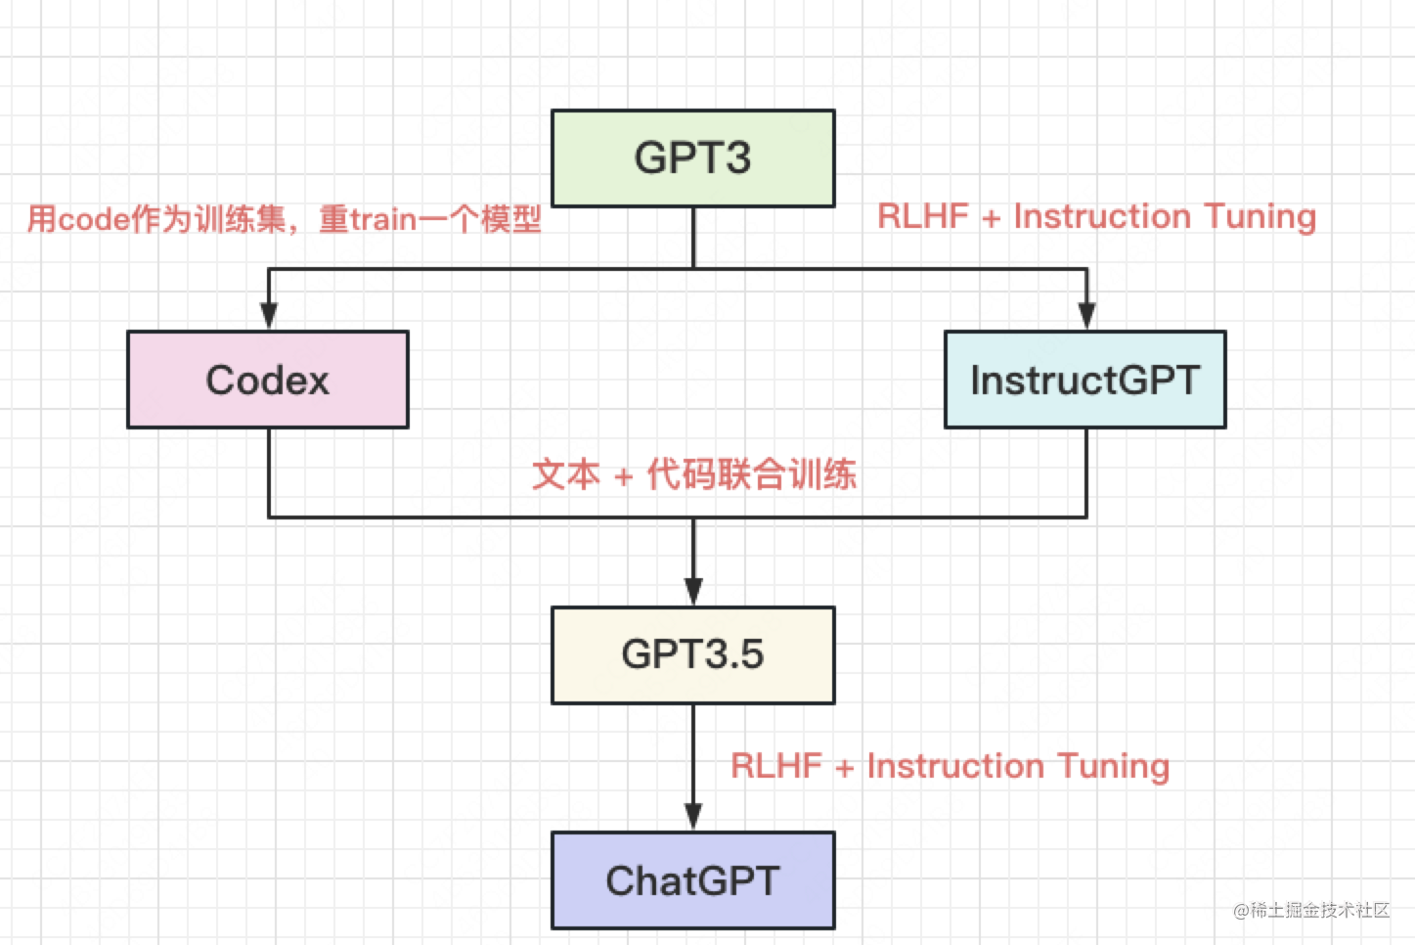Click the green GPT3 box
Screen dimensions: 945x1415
[692, 158]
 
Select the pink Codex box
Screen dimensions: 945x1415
[268, 380]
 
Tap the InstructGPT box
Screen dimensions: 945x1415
[1084, 380]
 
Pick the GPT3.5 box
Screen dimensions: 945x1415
[692, 654]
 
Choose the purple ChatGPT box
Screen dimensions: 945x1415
[692, 880]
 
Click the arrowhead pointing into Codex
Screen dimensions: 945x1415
[269, 315]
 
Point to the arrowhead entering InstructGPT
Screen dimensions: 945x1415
[1085, 315]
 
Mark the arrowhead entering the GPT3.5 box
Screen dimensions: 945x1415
[693, 591]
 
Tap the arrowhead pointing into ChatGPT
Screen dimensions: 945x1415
[693, 816]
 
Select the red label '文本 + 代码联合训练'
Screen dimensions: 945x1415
[693, 474]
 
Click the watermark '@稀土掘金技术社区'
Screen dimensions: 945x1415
[1311, 910]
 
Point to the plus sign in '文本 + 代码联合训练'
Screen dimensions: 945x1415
[623, 477]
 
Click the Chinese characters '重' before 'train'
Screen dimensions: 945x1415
[333, 219]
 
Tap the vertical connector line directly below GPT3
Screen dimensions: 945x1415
[693, 237]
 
